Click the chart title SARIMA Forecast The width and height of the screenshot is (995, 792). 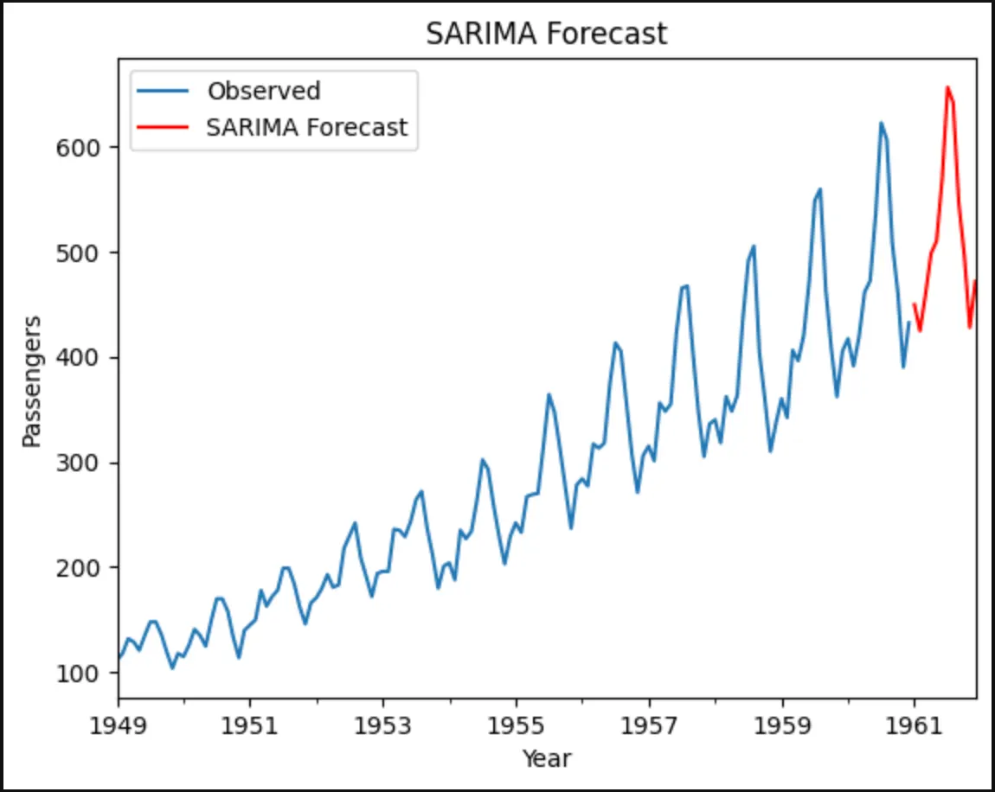547,34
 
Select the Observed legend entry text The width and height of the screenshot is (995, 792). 264,91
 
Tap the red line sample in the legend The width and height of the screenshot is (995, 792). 162,128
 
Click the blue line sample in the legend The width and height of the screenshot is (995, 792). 162,91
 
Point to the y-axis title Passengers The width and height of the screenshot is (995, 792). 32,381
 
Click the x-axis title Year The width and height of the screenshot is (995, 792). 547,758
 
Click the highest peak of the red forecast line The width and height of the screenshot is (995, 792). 947,87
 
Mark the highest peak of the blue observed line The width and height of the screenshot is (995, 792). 881,123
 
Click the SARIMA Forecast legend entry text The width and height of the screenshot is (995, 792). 306,128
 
